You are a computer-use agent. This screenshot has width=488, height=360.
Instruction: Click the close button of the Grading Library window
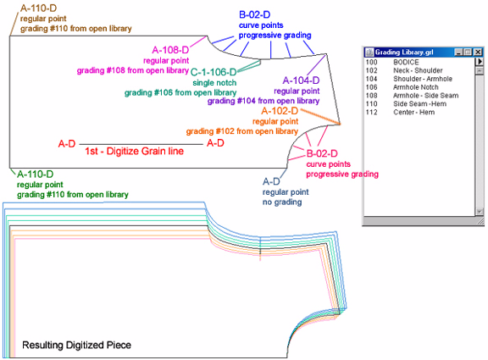point(477,52)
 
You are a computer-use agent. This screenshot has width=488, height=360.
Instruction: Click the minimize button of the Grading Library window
point(457,52)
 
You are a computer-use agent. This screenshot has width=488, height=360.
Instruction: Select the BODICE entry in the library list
point(402,63)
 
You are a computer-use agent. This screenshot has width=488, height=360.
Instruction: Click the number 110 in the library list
point(371,103)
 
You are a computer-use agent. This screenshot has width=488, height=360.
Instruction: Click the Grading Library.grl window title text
point(404,52)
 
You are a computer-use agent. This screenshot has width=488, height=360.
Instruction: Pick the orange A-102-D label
point(280,111)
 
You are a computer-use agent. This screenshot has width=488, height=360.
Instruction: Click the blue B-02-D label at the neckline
point(254,14)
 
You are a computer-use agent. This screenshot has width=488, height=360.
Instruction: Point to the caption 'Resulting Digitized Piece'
point(77,345)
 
